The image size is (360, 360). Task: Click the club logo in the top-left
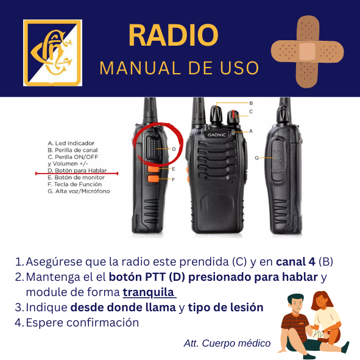tap(52, 53)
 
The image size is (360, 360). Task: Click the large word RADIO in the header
tap(173, 35)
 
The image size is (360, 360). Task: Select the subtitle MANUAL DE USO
tap(179, 68)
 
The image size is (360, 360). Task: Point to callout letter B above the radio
tap(250, 103)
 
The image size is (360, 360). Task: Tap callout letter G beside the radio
tap(256, 158)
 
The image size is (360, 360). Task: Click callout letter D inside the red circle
tap(174, 148)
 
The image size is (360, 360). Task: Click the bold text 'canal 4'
tap(295, 261)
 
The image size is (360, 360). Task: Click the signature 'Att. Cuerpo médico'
tap(227, 343)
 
